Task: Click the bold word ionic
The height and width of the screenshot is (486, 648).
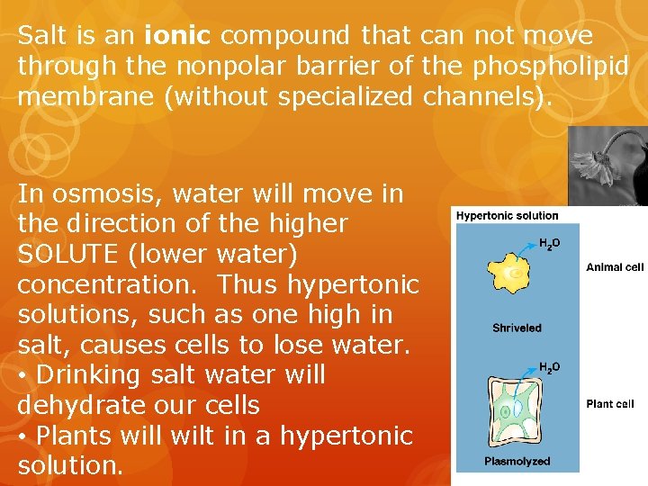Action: (x=176, y=36)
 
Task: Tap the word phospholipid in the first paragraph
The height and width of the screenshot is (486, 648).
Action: (x=570, y=66)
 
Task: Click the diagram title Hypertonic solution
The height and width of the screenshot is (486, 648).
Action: (x=508, y=215)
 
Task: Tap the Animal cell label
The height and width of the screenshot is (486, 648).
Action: (x=615, y=267)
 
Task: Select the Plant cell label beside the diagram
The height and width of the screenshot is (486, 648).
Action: (x=610, y=404)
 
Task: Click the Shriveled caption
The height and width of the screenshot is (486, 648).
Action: (x=517, y=328)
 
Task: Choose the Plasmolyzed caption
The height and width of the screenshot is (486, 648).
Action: (x=517, y=462)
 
